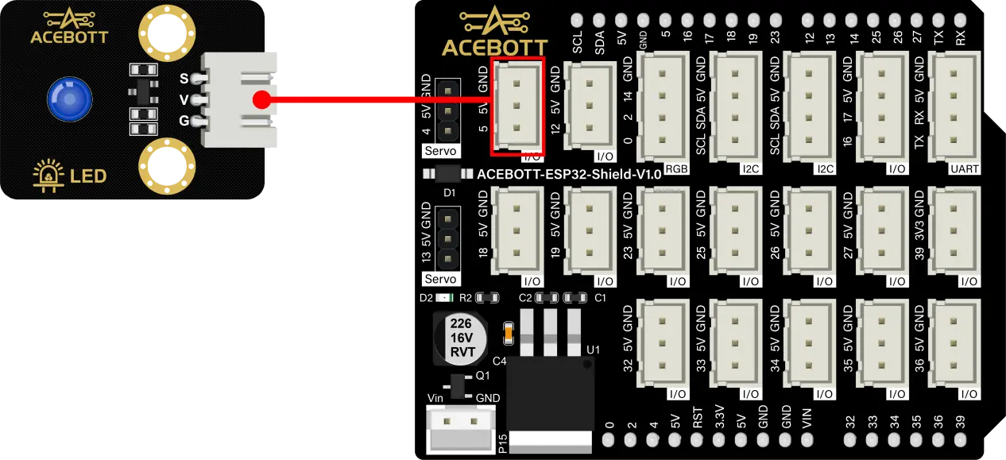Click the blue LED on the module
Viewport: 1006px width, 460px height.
tap(68, 99)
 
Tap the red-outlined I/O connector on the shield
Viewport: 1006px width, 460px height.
tap(517, 106)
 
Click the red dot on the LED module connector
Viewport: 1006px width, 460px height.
tap(261, 100)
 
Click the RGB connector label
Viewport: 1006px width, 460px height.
tap(677, 169)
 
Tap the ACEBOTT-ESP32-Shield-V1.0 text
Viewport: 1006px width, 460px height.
tap(569, 174)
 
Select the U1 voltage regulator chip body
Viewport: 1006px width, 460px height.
tap(550, 393)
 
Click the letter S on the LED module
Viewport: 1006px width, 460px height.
tap(184, 78)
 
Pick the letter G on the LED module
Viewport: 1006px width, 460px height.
tap(184, 122)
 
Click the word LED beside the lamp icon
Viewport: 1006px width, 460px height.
tap(88, 176)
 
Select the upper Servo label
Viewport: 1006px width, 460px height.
tap(440, 150)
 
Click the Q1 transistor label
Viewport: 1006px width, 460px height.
tap(482, 376)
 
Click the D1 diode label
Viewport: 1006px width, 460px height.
tap(449, 193)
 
